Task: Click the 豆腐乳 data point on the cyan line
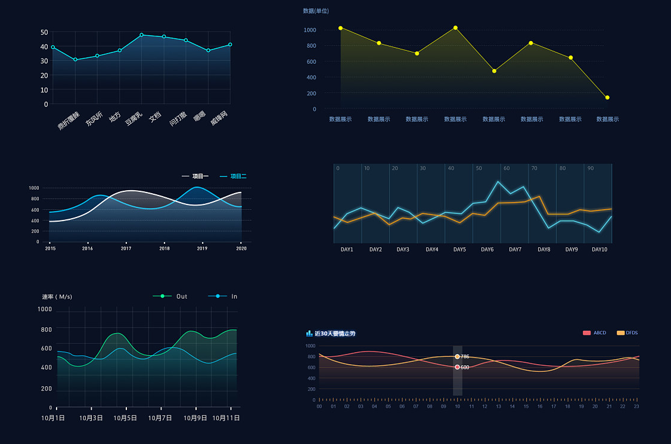[142, 35]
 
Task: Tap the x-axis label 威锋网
[219, 117]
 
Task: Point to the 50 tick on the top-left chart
[45, 32]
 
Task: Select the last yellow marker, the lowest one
[607, 98]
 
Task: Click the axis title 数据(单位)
[316, 11]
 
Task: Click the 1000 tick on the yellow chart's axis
[310, 30]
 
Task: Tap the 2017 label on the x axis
[126, 249]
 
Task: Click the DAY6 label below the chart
[487, 250]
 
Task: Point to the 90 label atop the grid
[591, 169]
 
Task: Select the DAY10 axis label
[599, 250]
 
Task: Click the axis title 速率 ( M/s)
[57, 297]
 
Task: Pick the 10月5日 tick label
[125, 418]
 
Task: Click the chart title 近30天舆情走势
[335, 333]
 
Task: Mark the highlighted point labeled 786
[457, 356]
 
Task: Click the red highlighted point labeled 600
[457, 367]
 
